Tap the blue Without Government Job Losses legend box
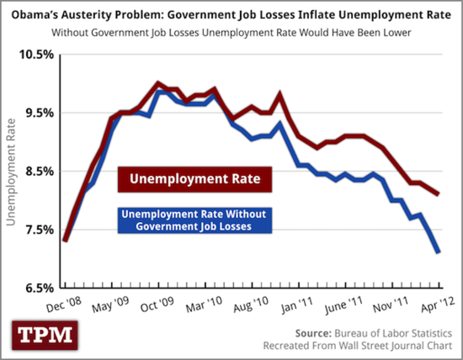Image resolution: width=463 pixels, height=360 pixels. coord(194,220)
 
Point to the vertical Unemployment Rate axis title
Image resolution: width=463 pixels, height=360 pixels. coord(12,172)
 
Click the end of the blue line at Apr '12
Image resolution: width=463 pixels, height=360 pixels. coord(437,251)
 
